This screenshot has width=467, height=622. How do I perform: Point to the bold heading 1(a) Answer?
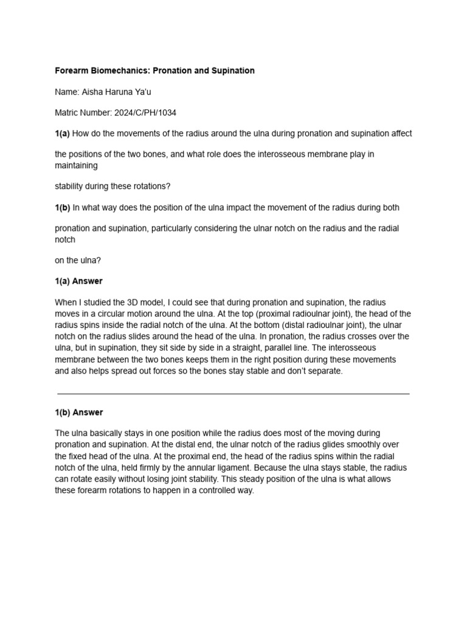(79, 281)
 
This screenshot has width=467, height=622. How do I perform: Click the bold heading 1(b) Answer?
(79, 412)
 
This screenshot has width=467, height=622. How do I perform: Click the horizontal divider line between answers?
(233, 394)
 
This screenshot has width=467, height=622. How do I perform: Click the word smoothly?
(364, 445)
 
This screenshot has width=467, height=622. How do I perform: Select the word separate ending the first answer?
(326, 371)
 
